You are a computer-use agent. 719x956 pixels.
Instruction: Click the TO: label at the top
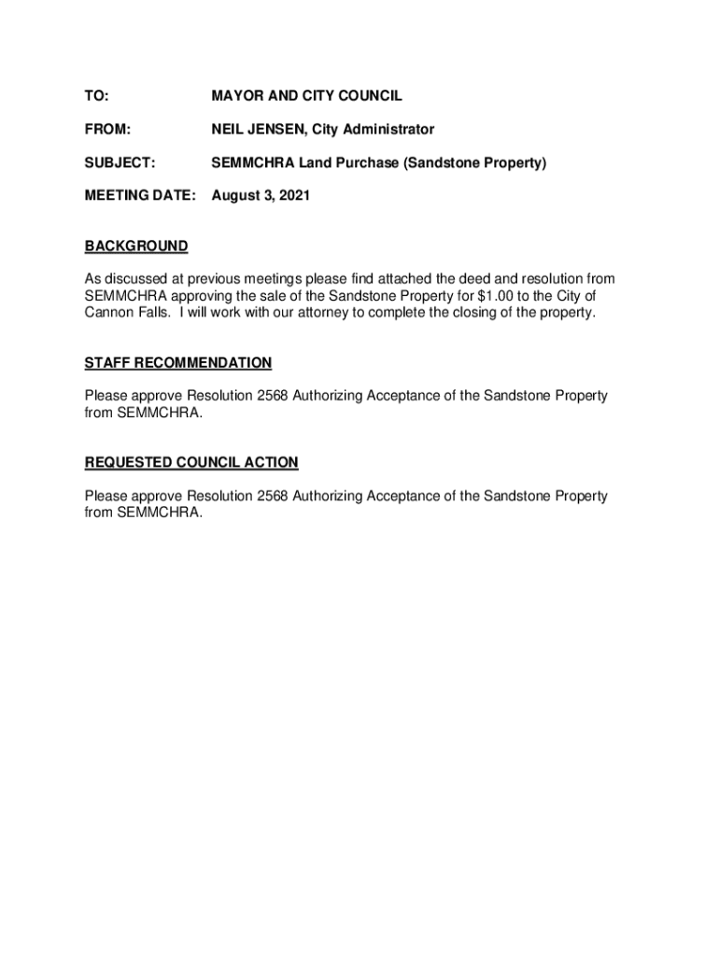point(96,96)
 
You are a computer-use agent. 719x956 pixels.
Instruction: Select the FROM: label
point(107,130)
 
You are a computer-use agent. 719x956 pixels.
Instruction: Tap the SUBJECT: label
point(120,163)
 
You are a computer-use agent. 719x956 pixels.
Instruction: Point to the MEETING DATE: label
point(141,197)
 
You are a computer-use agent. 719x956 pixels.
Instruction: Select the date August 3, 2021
point(261,197)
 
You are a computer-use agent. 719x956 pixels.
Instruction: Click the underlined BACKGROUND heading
point(136,246)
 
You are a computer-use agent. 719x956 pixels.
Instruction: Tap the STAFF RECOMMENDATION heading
point(178,362)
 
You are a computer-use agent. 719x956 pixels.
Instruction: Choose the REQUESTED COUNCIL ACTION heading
point(191,462)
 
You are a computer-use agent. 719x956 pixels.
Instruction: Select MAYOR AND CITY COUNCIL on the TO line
point(307,96)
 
